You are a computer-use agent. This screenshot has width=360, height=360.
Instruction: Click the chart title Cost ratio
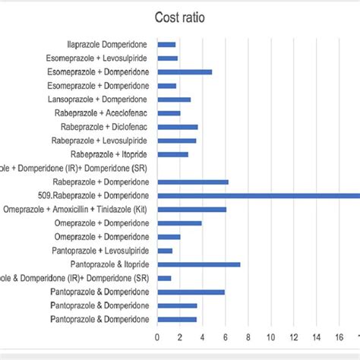(x=179, y=17)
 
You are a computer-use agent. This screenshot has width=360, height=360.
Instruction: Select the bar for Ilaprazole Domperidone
(x=166, y=45)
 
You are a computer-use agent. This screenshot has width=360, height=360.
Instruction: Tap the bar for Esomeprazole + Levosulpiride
(x=167, y=58)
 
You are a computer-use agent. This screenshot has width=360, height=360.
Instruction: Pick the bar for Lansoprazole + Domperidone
(x=174, y=99)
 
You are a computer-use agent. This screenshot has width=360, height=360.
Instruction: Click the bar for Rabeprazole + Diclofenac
(x=177, y=127)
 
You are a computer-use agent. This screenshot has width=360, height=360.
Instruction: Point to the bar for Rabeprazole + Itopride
(x=172, y=154)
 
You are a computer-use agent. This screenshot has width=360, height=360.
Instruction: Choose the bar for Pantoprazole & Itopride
(x=198, y=264)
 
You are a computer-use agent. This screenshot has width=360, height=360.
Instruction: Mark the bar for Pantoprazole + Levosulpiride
(x=165, y=251)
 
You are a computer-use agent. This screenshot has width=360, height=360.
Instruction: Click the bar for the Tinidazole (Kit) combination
(x=191, y=209)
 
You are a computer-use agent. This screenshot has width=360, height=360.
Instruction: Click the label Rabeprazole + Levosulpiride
(x=100, y=141)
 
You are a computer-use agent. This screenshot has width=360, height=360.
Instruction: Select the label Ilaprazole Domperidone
(x=109, y=45)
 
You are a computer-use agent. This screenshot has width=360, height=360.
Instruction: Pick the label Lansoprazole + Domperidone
(x=102, y=99)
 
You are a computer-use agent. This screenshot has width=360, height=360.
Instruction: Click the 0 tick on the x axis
(x=157, y=337)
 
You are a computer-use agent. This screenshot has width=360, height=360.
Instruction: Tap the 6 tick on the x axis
(x=226, y=337)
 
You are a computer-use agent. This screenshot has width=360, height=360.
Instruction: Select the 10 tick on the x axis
(x=271, y=337)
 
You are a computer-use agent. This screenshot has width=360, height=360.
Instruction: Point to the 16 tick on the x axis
(x=339, y=337)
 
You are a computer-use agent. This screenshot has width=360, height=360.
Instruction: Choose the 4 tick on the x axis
(x=203, y=337)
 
